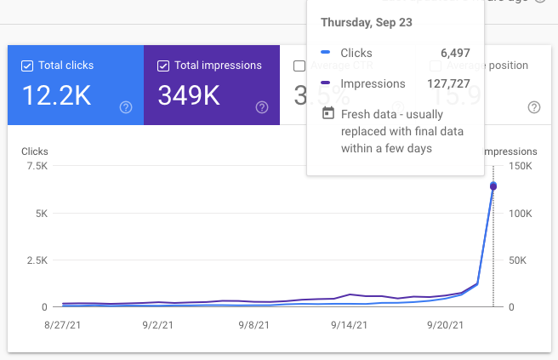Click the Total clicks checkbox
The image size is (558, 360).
[27, 66]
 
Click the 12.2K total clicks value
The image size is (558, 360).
[56, 95]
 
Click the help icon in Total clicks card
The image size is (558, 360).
[126, 107]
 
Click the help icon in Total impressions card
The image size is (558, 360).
[262, 107]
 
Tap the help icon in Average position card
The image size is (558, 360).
[534, 107]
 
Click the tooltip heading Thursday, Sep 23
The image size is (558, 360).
[366, 22]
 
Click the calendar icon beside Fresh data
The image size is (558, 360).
[327, 113]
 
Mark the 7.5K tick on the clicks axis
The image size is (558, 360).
[36, 166]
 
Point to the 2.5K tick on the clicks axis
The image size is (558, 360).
[36, 260]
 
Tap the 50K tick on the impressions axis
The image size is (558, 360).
[517, 260]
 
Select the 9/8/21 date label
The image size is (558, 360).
[253, 324]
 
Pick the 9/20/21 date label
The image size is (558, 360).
[445, 324]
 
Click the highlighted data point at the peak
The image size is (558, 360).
[493, 186]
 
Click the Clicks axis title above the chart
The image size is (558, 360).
[36, 151]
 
